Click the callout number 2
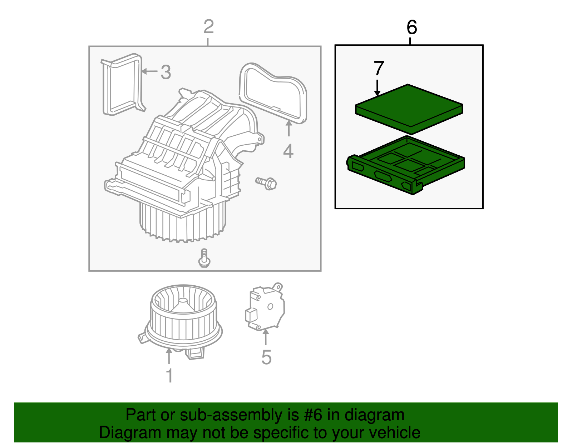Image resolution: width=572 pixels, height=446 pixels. tap(208, 27)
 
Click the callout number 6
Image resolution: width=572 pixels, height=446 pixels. tap(411, 27)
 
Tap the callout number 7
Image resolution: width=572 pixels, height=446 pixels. tap(379, 68)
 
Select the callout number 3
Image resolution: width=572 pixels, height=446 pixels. tap(166, 72)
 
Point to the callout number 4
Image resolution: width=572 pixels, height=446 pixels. tap(288, 151)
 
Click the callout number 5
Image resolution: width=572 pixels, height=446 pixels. tap(266, 357)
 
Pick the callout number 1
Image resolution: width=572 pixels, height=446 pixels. tap(169, 376)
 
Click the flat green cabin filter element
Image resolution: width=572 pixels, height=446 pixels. tap(409, 109)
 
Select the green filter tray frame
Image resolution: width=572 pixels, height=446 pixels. tap(405, 168)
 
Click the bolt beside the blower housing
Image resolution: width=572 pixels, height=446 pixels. tap(267, 183)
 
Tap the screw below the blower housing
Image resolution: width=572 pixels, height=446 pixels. tap(204, 258)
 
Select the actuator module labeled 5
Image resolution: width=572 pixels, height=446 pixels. tap(265, 307)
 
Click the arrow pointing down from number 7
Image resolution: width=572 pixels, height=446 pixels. tap(378, 88)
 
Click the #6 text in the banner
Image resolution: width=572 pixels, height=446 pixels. tap(314, 415)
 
